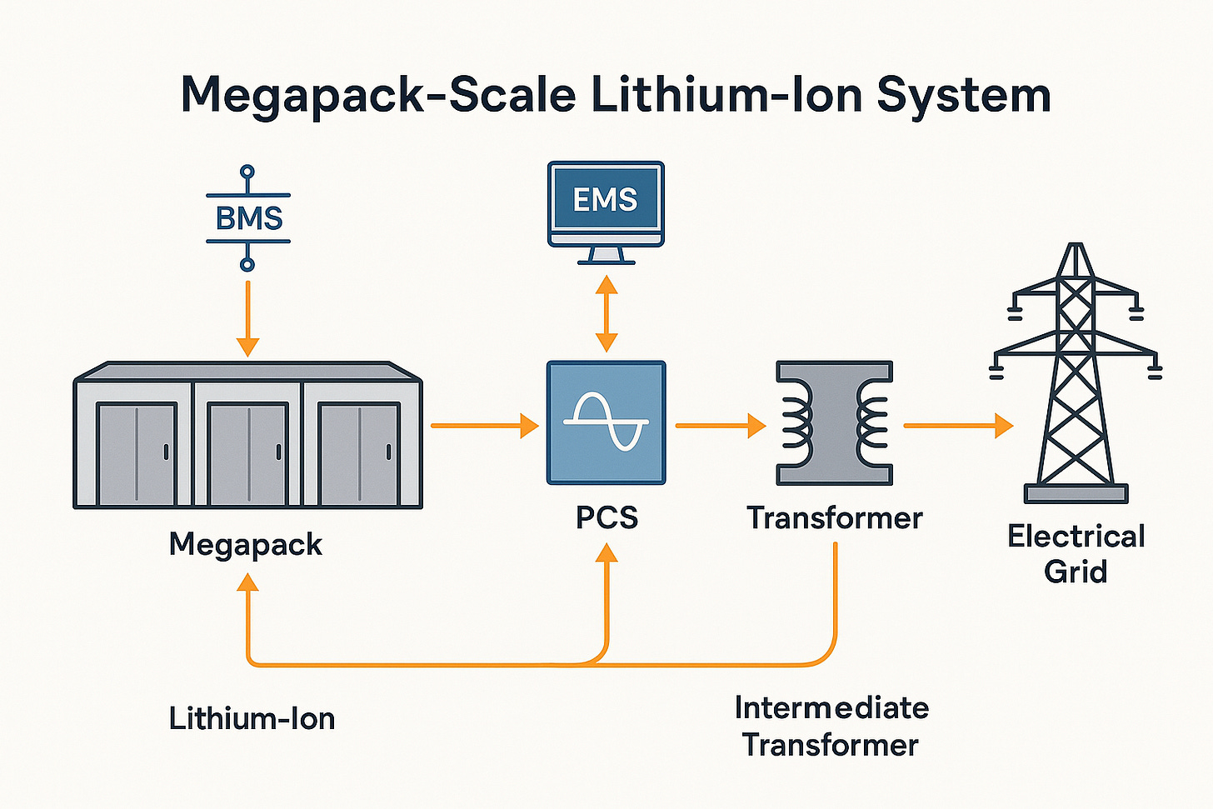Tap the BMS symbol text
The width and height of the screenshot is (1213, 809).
coord(248,218)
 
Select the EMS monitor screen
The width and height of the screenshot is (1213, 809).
coord(606,200)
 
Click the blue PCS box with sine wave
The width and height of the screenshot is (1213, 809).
coord(606,422)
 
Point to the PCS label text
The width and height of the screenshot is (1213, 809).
coord(606,517)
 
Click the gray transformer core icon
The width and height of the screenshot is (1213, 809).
coord(834,422)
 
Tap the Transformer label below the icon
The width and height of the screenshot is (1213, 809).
coord(834,517)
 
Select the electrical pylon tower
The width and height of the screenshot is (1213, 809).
coord(1076,375)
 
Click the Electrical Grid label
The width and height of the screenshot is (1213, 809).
coord(1076,553)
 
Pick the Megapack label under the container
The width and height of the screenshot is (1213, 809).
coord(246,544)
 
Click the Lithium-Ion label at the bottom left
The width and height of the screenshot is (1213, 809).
coord(252,718)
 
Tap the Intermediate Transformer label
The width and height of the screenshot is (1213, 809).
coord(831,726)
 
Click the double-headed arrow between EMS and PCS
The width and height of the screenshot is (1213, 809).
coord(606,313)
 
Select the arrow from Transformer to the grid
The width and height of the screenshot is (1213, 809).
coord(957,426)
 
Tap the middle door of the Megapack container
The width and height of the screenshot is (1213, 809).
coord(247,454)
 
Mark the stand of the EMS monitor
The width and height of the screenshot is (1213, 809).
coord(606,256)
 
